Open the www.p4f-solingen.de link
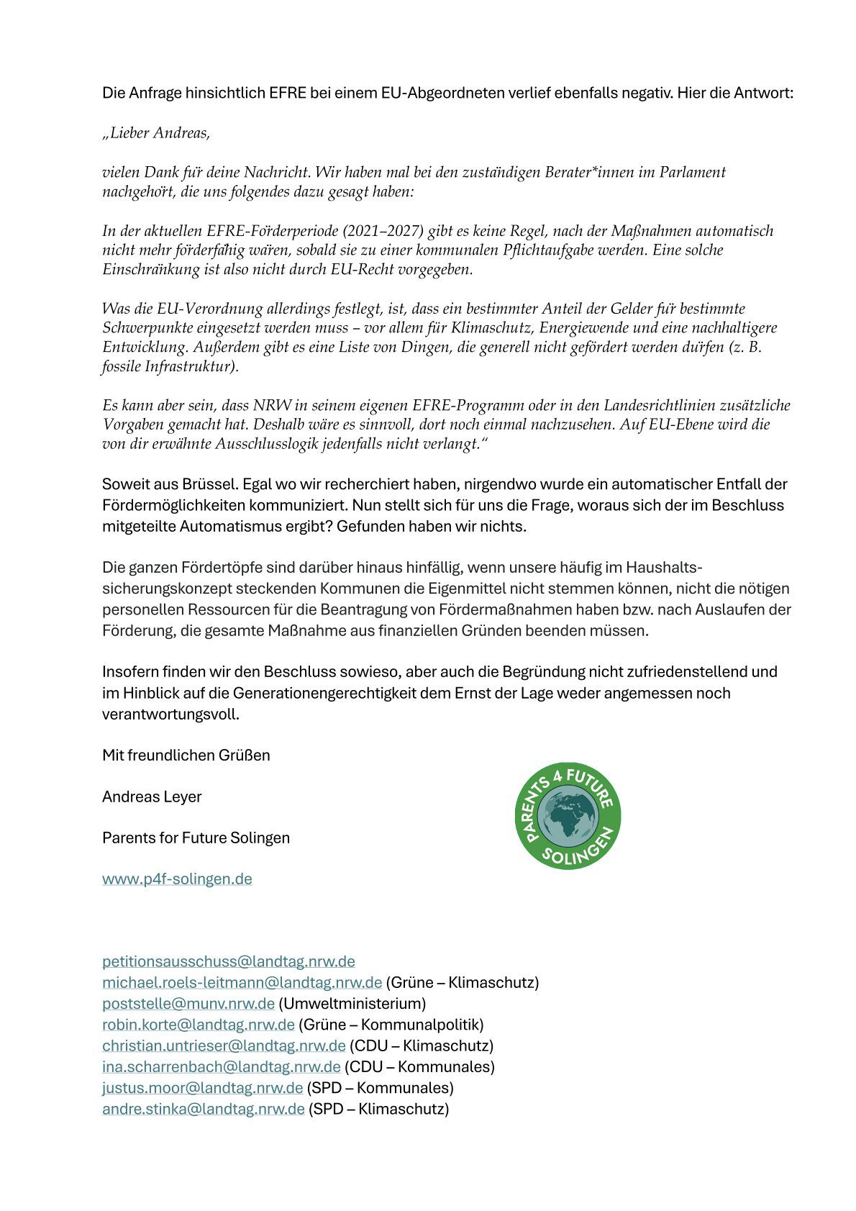pyautogui.click(x=177, y=879)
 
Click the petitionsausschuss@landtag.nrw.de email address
pyautogui.click(x=228, y=961)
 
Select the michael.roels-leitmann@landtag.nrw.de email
pyautogui.click(x=242, y=982)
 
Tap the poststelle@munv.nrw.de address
pyautogui.click(x=188, y=1003)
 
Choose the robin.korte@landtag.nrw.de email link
pyautogui.click(x=198, y=1024)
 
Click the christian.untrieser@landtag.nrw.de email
pyautogui.click(x=224, y=1045)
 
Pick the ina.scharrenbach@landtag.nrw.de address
pyautogui.click(x=221, y=1066)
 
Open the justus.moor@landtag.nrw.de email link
pyautogui.click(x=202, y=1087)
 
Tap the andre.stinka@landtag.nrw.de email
pyautogui.click(x=203, y=1108)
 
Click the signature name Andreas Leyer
pyautogui.click(x=152, y=797)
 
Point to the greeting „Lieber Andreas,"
pyautogui.click(x=156, y=133)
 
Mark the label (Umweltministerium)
pyautogui.click(x=352, y=1003)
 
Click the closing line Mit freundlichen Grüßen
pyautogui.click(x=186, y=755)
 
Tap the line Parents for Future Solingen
pyautogui.click(x=196, y=838)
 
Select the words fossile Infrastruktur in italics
pyautogui.click(x=168, y=366)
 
